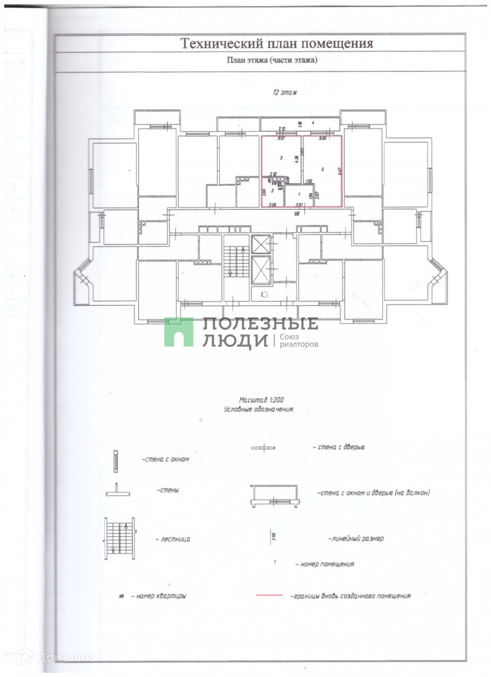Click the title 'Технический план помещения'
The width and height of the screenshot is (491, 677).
point(277,44)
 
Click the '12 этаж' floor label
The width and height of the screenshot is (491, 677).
point(285,92)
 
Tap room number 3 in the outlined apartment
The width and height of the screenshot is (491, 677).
point(281,158)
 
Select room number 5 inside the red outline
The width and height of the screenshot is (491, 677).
point(322,169)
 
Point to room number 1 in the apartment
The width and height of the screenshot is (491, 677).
point(299,194)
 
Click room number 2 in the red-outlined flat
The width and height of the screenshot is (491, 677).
point(272,191)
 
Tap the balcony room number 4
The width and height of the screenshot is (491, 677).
point(313,123)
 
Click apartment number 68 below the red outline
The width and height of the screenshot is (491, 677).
point(296,212)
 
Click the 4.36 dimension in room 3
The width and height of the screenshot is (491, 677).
point(296,159)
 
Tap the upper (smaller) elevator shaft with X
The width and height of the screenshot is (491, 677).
point(261,244)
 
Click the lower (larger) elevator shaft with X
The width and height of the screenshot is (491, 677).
point(261,270)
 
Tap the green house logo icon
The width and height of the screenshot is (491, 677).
point(179,332)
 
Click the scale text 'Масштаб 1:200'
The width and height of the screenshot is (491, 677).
point(261,400)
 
